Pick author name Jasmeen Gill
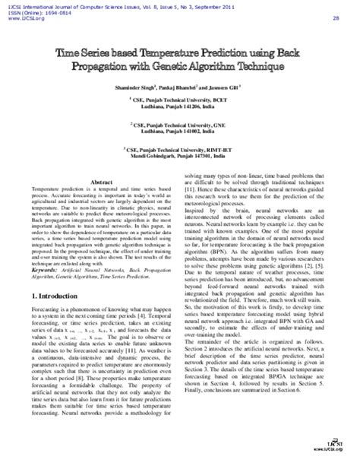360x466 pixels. tap(225, 89)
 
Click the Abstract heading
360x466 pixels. tap(103, 182)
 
